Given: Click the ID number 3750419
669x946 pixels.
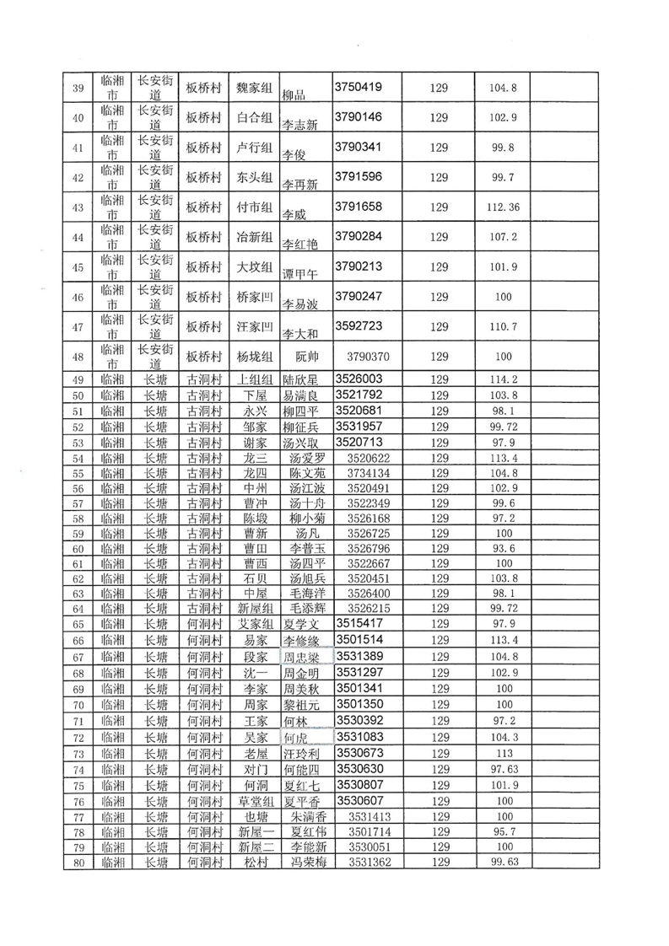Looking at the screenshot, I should [x=359, y=86].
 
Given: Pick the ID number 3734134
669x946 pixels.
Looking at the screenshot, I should [x=366, y=474].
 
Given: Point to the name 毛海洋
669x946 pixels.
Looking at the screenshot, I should [x=306, y=594].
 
